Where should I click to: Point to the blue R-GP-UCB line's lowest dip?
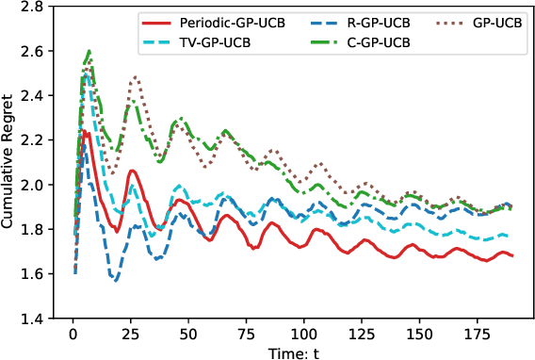coord(114,281)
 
